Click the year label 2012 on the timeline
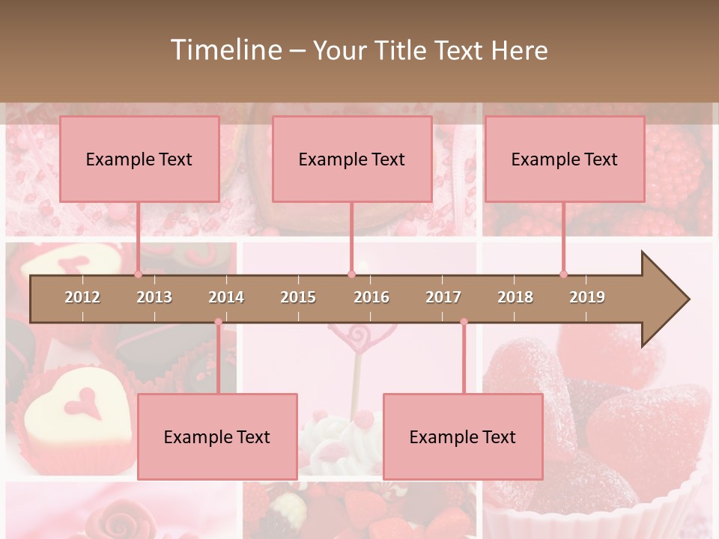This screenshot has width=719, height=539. [x=82, y=297]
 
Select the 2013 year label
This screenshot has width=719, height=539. [x=154, y=297]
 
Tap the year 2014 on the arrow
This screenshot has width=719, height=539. [x=226, y=297]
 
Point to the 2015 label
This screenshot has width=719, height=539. [x=298, y=297]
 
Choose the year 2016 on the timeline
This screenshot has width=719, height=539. [x=371, y=297]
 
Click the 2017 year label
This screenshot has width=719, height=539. [x=443, y=297]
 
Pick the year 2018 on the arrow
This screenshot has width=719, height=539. [x=515, y=297]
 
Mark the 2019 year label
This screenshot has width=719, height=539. [x=587, y=297]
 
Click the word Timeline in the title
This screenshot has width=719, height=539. [x=225, y=50]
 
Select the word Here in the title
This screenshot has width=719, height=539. [x=519, y=50]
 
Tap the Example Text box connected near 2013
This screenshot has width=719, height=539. [x=139, y=159]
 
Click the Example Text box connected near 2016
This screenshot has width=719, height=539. [x=352, y=159]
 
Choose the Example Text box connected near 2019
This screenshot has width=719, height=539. [x=565, y=159]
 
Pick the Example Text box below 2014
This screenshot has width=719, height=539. [x=217, y=436]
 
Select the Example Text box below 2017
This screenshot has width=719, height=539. [x=463, y=436]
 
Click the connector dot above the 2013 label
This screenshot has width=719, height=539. [x=138, y=274]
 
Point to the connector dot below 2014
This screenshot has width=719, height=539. [x=218, y=322]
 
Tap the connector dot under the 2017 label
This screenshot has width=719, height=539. [x=464, y=322]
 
